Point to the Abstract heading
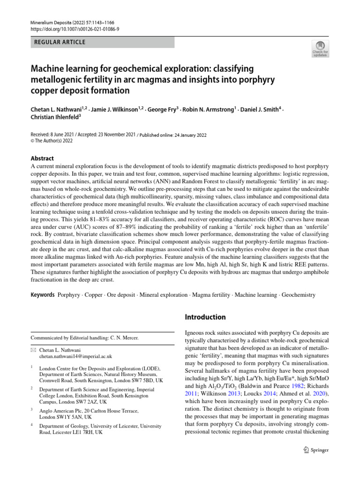pos(42,158)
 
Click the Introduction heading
pos(205,317)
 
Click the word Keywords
pos(42,295)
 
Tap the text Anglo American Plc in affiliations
pos(59,409)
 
